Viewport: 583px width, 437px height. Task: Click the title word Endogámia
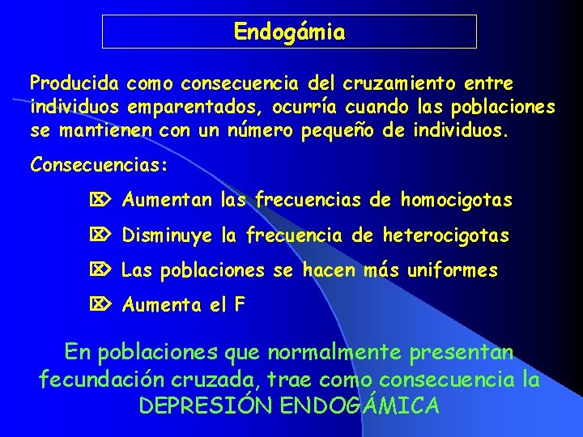(x=289, y=32)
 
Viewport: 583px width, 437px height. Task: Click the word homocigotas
(x=457, y=199)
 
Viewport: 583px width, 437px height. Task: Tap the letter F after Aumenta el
(x=239, y=305)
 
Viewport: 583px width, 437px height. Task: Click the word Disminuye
(x=168, y=236)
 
